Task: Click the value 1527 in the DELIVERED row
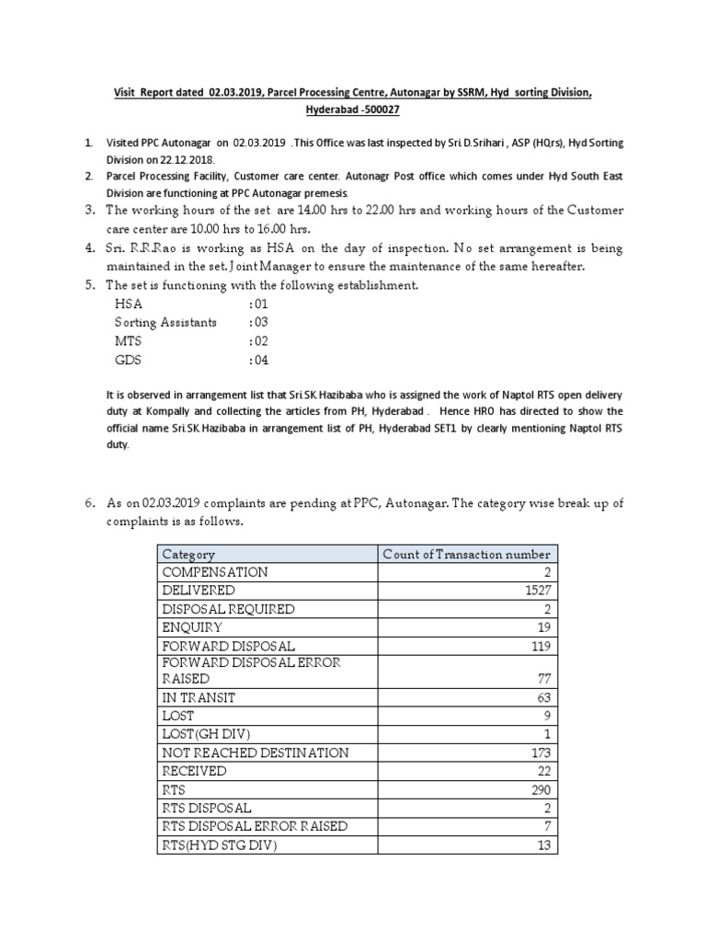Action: click(535, 590)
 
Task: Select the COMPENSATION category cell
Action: click(215, 572)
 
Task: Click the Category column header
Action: click(188, 554)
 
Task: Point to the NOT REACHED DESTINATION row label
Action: click(256, 752)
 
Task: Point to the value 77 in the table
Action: click(541, 680)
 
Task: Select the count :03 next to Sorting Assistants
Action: click(258, 322)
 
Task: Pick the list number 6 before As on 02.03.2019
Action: click(89, 502)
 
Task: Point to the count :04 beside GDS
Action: click(258, 360)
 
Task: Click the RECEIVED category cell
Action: click(194, 771)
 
